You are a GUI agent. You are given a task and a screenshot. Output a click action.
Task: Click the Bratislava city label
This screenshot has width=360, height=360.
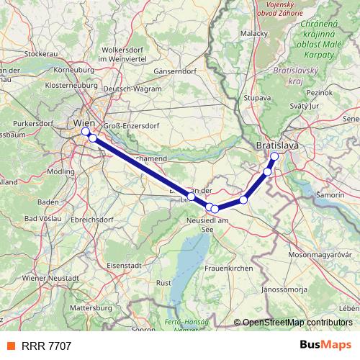(277, 146)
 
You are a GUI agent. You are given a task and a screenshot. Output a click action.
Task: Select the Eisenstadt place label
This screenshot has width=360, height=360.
(122, 265)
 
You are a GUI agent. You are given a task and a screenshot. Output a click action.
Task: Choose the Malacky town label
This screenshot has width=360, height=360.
(254, 33)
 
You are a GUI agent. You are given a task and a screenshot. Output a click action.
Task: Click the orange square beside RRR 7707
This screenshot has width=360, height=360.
(10, 346)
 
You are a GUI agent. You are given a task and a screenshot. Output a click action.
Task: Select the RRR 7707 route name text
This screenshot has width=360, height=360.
(46, 346)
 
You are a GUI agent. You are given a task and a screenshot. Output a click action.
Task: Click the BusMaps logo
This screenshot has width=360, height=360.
(325, 345)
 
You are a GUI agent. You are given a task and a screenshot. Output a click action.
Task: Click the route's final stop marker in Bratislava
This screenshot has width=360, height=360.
(274, 156)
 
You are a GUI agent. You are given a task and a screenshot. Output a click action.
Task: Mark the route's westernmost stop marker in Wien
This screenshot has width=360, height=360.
(86, 132)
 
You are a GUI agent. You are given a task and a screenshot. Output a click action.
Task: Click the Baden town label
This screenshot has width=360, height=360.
(48, 202)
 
